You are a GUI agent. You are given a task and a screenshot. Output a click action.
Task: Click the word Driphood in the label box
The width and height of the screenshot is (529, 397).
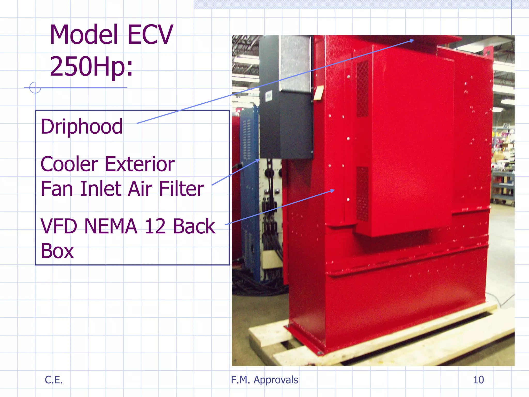pyautogui.click(x=82, y=127)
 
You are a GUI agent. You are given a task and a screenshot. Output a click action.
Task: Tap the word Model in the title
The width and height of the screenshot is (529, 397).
pyautogui.click(x=84, y=35)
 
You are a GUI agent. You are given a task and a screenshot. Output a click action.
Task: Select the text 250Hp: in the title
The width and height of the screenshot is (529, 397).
pyautogui.click(x=91, y=66)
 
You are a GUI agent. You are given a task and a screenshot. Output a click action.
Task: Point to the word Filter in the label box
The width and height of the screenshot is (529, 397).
pyautogui.click(x=181, y=189)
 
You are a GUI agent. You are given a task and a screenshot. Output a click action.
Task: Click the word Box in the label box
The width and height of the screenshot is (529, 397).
pyautogui.click(x=57, y=251)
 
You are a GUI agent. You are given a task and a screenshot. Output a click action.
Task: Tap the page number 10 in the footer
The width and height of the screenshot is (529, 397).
pyautogui.click(x=478, y=380)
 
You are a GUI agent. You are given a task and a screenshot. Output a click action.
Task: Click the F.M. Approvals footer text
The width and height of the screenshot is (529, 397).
pyautogui.click(x=264, y=380)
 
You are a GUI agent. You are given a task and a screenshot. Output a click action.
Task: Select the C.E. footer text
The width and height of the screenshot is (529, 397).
pyautogui.click(x=54, y=380)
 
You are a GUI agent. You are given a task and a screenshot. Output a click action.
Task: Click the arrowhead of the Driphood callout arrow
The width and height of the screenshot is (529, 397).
pyautogui.click(x=412, y=41)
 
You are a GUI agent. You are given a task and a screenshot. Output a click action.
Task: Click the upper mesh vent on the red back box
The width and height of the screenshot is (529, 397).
pyautogui.click(x=362, y=89)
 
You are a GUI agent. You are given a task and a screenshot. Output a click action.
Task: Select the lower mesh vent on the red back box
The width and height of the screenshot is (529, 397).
pyautogui.click(x=362, y=194)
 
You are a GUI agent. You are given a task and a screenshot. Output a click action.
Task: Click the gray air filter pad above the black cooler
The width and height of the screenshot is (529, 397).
pyautogui.click(x=295, y=63)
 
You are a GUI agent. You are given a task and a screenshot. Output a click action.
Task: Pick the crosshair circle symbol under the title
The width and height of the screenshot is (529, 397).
pyautogui.click(x=35, y=88)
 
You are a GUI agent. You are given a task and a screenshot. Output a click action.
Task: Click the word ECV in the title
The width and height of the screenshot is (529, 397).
pyautogui.click(x=150, y=35)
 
